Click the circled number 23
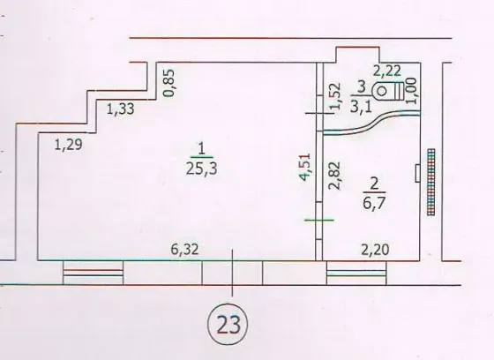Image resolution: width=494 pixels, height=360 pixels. coord(228,324)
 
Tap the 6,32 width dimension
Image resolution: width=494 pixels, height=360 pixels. coord(184,250)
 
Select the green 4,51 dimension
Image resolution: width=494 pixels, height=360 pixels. coord(305,167)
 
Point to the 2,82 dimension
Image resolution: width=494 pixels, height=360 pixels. coord(334,176)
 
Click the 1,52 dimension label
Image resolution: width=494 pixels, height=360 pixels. coord(335,96)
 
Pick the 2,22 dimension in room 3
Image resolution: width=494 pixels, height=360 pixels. coord(387,71)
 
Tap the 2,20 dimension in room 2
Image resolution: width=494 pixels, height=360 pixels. coord(375,250)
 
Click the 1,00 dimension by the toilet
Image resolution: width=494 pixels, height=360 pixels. coord(411,91)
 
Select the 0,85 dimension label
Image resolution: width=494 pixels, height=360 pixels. coord(168,83)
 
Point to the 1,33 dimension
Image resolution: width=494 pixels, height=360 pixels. coord(121,109)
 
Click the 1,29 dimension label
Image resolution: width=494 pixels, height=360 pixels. coord(69,145)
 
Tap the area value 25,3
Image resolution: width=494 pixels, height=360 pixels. coord(202,169)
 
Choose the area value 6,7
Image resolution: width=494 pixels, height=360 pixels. coord(374,203)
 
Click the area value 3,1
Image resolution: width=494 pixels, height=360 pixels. coord(361,107)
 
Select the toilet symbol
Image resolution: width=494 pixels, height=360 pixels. coord(388,91)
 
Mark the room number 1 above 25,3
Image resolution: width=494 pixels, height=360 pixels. coord(202,148)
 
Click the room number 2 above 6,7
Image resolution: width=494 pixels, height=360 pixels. coord(374,184)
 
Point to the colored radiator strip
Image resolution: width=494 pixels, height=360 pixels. coord(431,183)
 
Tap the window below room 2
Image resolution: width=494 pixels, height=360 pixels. coord(356,273)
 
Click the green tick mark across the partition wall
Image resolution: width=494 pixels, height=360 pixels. coord(319,220)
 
